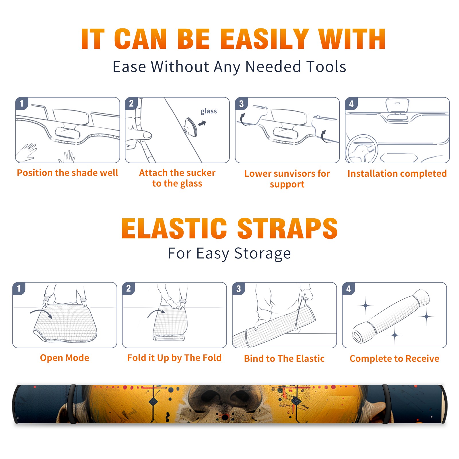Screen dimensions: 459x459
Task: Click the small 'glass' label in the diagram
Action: point(209,111)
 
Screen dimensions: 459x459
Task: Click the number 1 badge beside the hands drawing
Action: point(22,103)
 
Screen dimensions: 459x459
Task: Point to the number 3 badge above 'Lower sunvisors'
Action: point(241,104)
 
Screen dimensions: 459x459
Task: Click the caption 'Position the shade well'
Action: point(67,173)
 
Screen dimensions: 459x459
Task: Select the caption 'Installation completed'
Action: point(397,174)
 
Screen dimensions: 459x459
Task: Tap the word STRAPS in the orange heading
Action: point(287,228)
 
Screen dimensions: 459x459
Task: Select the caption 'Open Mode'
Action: point(65,358)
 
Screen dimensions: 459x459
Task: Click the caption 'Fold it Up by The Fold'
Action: point(174,358)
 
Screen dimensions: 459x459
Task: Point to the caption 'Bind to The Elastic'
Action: point(284,359)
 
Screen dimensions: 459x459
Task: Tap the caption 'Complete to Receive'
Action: point(394,359)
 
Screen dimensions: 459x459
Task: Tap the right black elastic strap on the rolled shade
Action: point(387,404)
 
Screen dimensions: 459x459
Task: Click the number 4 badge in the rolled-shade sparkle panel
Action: point(349,289)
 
